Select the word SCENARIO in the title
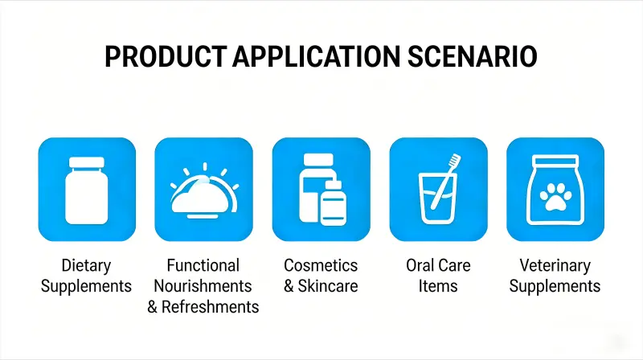tap(468, 59)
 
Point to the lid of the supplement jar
tap(87, 162)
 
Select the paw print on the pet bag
tap(555, 198)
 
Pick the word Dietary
tap(86, 266)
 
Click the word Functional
tap(203, 266)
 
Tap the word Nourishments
tap(203, 286)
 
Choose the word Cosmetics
tap(321, 266)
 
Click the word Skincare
tap(329, 286)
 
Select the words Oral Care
tap(438, 266)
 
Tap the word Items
tap(438, 286)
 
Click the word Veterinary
tap(555, 266)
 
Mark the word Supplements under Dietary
tap(86, 286)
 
